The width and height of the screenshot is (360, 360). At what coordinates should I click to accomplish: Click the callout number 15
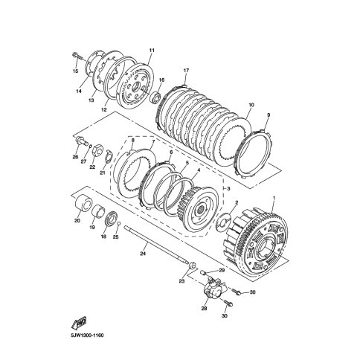(x=76, y=71)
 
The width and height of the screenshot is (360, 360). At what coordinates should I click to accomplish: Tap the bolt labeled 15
(x=77, y=56)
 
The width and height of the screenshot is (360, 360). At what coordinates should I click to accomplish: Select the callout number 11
(x=152, y=51)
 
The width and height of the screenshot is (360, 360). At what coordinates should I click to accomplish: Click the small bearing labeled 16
(x=155, y=97)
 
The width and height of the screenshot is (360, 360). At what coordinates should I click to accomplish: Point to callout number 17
(x=186, y=71)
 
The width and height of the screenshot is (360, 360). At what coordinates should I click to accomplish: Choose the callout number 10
(x=251, y=105)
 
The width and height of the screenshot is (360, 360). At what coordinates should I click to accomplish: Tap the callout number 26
(x=75, y=157)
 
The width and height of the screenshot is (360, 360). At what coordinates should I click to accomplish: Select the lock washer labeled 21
(x=109, y=156)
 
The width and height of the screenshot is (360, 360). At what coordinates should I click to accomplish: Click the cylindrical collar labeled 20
(x=83, y=203)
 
